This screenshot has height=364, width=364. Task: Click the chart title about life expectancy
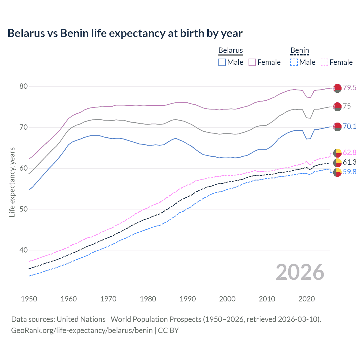(x=125, y=33)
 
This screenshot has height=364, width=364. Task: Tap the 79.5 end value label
(x=349, y=88)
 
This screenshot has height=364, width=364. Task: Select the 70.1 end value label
(x=349, y=126)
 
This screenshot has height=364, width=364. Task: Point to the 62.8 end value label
(x=349, y=153)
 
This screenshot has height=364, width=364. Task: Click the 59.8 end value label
(x=349, y=172)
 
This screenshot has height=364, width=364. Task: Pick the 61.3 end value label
(x=349, y=162)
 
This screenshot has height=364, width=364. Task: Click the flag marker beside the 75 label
(x=337, y=107)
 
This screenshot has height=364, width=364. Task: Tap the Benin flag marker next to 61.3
(x=337, y=163)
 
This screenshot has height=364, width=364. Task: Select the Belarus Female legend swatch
(x=252, y=62)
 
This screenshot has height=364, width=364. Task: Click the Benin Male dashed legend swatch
(x=294, y=62)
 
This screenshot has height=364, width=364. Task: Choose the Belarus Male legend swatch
(x=222, y=62)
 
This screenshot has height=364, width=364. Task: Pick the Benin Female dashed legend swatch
(x=324, y=62)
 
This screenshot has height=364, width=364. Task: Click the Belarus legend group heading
(x=231, y=51)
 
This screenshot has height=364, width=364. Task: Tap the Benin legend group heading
(x=300, y=51)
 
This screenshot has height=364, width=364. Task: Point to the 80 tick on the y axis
(x=24, y=86)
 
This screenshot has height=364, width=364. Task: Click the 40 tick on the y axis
(x=24, y=250)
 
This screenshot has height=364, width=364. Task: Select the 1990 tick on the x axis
(x=188, y=299)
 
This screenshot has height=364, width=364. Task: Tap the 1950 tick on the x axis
(x=29, y=299)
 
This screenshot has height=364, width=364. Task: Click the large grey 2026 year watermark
(x=300, y=272)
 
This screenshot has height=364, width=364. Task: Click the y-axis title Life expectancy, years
(x=12, y=182)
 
